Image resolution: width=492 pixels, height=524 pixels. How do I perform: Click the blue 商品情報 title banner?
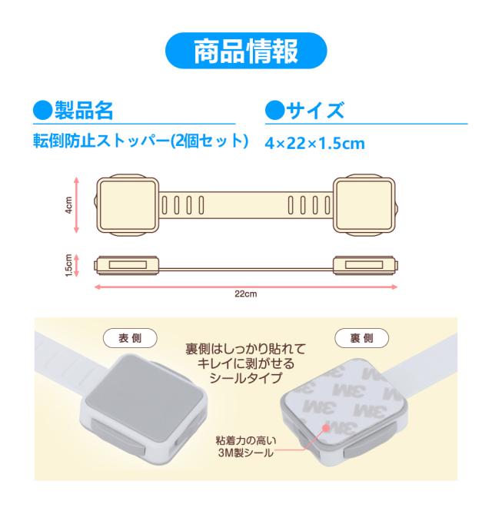coord(246,51)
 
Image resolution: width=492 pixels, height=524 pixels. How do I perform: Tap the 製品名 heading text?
coord(84,111)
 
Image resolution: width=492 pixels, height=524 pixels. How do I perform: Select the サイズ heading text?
coord(315,111)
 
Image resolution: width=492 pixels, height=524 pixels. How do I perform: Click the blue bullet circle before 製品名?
coord(43,111)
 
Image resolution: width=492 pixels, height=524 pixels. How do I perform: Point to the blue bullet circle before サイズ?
coord(275,111)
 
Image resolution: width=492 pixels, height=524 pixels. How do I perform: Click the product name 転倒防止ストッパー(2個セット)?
coord(141,141)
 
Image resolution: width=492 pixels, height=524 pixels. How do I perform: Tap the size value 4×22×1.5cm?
coord(314,144)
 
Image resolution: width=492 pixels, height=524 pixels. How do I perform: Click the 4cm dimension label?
coord(69,205)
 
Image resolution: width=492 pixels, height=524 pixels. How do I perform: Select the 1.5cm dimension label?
coord(69,265)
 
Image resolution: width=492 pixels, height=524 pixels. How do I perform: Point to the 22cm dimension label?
coord(246,294)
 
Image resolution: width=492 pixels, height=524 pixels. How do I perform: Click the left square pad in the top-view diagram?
coord(128,205)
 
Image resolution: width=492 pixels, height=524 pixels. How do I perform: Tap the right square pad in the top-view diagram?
coord(364,205)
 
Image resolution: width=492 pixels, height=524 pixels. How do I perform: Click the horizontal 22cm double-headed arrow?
coord(246,287)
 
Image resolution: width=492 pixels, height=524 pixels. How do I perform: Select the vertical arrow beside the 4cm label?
coord(76,205)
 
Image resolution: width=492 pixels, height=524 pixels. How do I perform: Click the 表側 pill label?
coord(130,338)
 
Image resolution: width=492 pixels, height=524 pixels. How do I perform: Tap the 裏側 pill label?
coord(361,338)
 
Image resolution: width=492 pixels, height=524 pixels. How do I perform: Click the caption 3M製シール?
coord(246,453)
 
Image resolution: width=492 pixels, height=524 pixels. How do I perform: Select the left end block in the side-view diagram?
coord(127,265)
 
